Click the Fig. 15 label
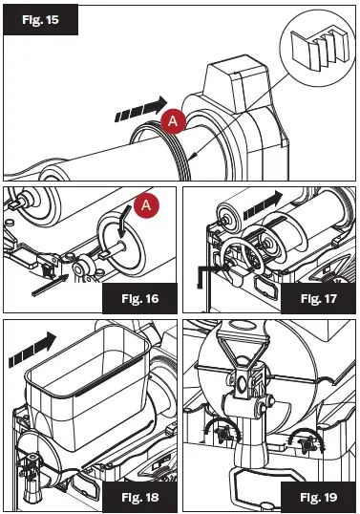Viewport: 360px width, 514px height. tap(40, 20)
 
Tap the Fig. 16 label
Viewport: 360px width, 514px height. tap(139, 299)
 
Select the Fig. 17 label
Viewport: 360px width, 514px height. tap(318, 299)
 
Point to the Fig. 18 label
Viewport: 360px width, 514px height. tap(139, 497)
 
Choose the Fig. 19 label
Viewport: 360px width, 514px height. tap(318, 497)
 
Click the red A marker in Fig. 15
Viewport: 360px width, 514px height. tap(173, 121)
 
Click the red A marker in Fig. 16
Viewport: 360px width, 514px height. tap(146, 205)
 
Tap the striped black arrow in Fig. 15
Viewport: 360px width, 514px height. tap(141, 109)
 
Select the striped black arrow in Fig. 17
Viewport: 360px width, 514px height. tap(263, 205)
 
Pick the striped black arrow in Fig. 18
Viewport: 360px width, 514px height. tap(32, 350)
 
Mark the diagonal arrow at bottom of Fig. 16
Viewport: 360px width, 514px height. tap(50, 286)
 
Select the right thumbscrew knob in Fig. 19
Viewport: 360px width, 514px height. tap(307, 443)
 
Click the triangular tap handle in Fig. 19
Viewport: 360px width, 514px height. tap(244, 347)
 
